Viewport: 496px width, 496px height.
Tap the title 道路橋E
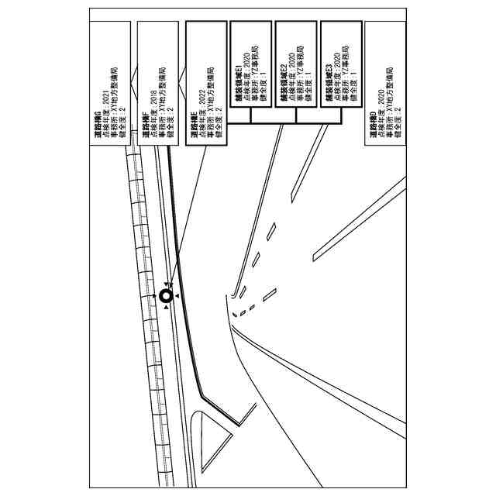[x=193, y=125]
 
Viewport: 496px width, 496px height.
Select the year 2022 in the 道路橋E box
[x=201, y=101]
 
